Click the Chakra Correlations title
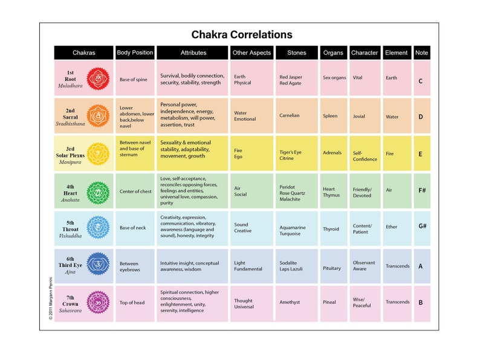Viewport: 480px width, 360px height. [x=242, y=34]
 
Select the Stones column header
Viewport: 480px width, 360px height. [x=297, y=53]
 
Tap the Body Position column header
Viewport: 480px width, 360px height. [x=135, y=53]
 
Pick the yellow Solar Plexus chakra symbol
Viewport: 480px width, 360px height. [x=98, y=153]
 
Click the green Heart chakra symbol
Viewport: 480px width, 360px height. [x=98, y=193]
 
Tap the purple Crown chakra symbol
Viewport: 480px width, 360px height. [x=98, y=302]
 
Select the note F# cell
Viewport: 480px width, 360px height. [x=421, y=190]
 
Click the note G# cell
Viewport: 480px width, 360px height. [x=421, y=227]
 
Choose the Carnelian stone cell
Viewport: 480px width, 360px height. [x=290, y=115]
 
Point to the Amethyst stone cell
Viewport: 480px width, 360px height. [x=290, y=302]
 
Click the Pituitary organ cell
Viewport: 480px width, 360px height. [x=332, y=268]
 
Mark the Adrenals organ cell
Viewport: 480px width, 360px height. [x=332, y=153]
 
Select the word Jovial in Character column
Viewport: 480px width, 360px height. [x=359, y=117]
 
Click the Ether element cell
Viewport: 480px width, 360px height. [x=392, y=227]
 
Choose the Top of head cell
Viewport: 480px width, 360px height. [x=132, y=302]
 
